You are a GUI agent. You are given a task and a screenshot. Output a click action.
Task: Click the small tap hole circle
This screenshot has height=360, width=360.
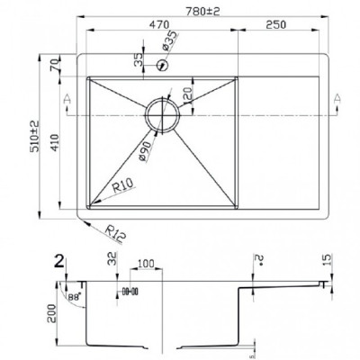click(163, 65)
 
